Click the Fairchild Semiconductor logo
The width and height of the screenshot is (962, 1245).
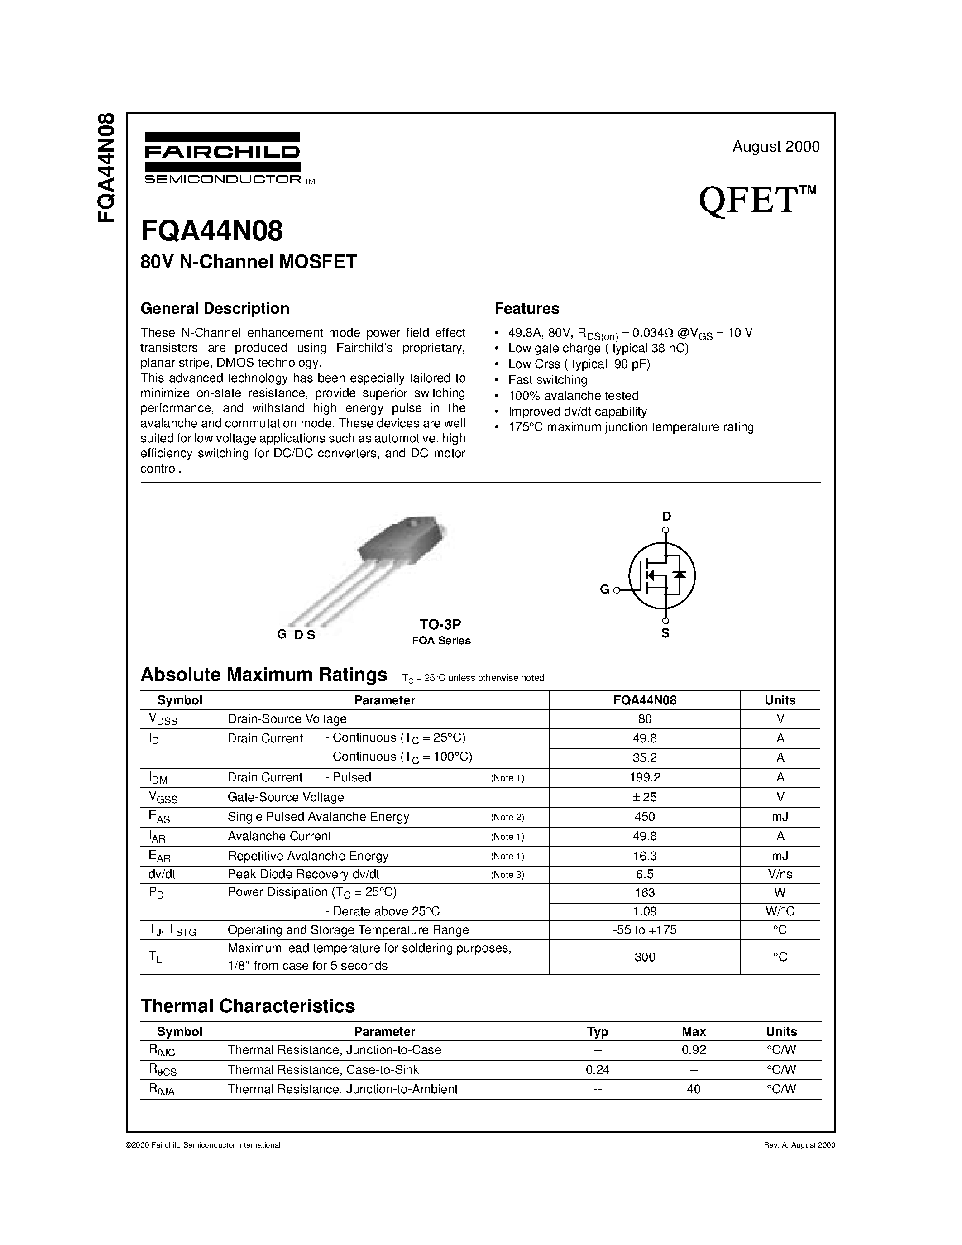(222, 157)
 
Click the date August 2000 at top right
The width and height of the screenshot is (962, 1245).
(775, 147)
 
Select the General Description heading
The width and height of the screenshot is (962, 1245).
(215, 308)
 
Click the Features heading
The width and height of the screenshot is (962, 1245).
(526, 308)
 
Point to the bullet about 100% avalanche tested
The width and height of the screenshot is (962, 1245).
(573, 396)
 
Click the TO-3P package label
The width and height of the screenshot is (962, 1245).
(440, 624)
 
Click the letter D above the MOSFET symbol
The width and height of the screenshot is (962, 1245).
(666, 517)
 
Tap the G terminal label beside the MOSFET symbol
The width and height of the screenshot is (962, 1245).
(605, 590)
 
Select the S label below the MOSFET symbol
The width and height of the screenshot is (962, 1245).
(665, 633)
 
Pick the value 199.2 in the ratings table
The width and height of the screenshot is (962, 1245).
(645, 777)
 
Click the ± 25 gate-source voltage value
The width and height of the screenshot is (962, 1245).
(645, 797)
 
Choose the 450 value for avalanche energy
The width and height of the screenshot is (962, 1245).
(645, 817)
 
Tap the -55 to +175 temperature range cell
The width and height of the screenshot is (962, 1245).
(645, 930)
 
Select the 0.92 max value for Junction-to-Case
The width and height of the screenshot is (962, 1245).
(694, 1050)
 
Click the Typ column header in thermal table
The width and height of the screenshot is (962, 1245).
(597, 1031)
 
